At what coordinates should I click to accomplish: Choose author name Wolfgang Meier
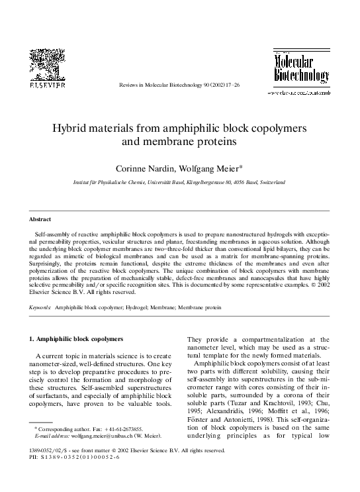(208, 166)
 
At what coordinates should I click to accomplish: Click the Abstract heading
(41, 218)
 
